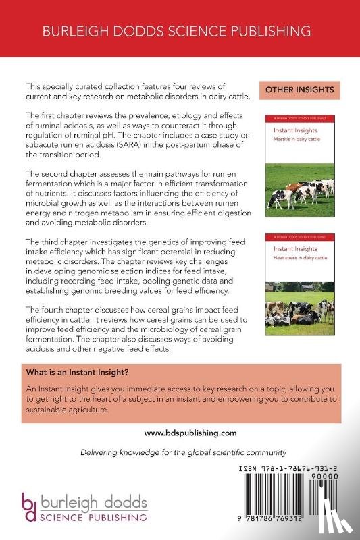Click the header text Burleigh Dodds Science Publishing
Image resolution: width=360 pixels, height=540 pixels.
(x=179, y=31)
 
